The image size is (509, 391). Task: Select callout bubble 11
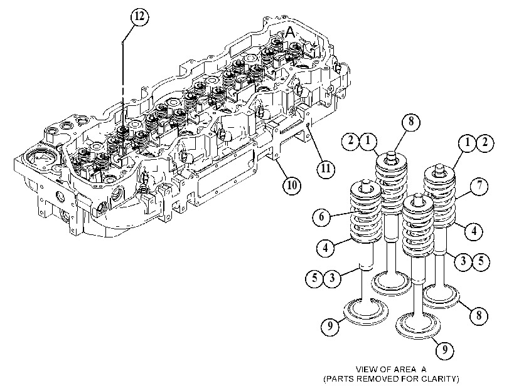[326, 169]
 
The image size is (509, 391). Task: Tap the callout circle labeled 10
[291, 185]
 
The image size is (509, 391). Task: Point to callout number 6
[321, 216]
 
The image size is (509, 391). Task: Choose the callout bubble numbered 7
[479, 187]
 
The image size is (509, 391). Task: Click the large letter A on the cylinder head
[289, 32]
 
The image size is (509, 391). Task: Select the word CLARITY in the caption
[440, 378]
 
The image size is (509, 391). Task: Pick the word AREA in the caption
[405, 369]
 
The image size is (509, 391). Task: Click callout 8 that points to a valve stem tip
[411, 122]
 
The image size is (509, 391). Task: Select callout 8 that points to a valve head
[479, 315]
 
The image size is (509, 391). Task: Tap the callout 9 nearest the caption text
[444, 350]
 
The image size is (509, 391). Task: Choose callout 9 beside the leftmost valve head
[330, 326]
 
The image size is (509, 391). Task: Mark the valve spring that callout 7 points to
[439, 196]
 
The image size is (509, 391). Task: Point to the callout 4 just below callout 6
[325, 248]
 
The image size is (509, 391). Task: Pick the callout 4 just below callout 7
[474, 231]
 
